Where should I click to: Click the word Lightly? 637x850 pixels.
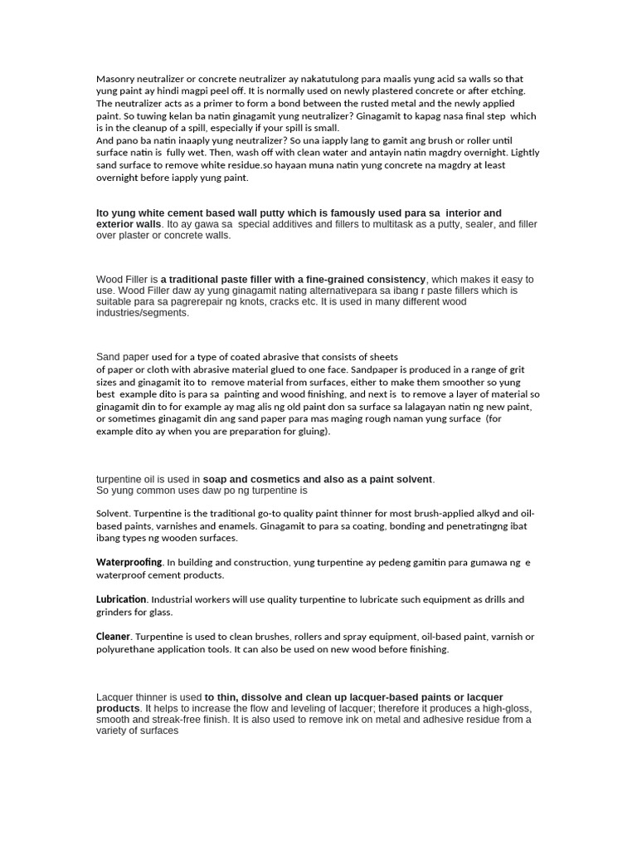524,153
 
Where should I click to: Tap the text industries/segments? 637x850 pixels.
143,313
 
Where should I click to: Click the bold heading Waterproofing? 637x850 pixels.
129,563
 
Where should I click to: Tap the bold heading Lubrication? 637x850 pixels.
121,599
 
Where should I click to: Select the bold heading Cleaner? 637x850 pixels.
114,637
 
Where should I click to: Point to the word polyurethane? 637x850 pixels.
129,649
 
